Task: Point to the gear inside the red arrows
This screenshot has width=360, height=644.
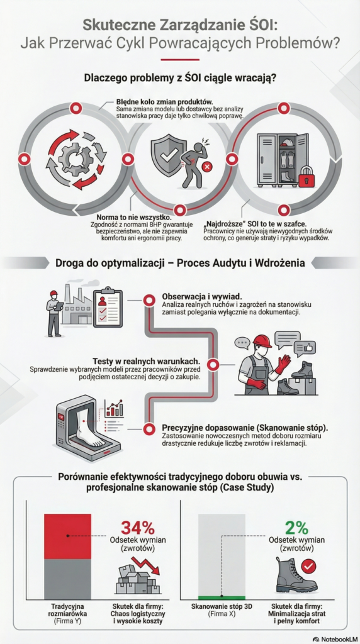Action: (x=74, y=157)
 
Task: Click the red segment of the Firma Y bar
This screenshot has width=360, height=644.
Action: (x=67, y=536)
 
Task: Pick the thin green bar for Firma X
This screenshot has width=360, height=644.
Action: (x=222, y=597)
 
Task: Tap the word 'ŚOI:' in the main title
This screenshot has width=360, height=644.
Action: (x=257, y=26)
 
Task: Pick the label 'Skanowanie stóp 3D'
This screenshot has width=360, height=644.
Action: (x=222, y=608)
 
